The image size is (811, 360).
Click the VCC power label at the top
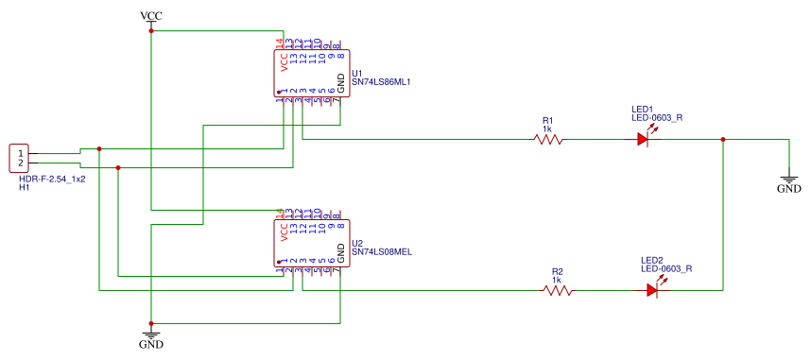(150, 15)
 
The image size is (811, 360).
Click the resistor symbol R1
(548, 139)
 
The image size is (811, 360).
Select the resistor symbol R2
(558, 290)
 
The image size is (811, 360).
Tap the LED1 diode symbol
(644, 139)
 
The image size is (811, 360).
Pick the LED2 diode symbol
(653, 290)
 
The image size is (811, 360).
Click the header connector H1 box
(20, 158)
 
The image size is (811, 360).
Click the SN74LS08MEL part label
(381, 252)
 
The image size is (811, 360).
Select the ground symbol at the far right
(788, 178)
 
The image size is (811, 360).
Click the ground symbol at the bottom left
(150, 335)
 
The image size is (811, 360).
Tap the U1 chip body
(313, 73)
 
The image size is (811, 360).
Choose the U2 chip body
(313, 243)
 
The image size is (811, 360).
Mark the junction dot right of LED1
(723, 140)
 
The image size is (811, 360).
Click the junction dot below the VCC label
(151, 30)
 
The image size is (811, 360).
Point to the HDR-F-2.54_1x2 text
(52, 179)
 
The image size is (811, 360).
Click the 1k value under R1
(547, 129)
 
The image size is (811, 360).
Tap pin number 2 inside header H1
(20, 163)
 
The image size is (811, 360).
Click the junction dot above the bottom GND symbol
(151, 323)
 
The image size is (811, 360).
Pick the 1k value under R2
(557, 280)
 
